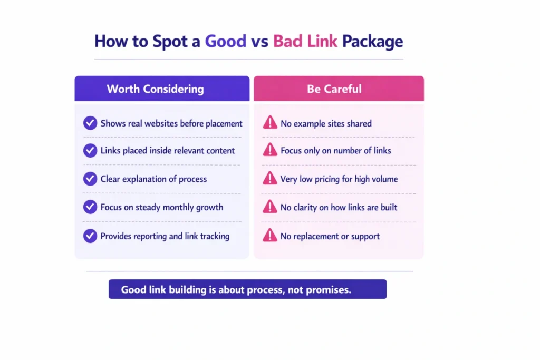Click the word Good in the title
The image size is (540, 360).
tap(225, 41)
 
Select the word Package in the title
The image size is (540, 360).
tap(372, 42)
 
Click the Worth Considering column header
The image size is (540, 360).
tap(155, 89)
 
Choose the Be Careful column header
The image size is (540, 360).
tap(334, 89)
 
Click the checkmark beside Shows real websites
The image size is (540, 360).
tap(90, 123)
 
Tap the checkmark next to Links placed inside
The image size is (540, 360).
tap(90, 150)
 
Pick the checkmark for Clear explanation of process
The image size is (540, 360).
tap(90, 179)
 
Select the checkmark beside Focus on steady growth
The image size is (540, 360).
tap(90, 207)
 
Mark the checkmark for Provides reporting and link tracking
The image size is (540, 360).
tap(90, 236)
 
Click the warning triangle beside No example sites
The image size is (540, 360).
tap(269, 123)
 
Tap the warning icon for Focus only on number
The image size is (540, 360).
tap(269, 150)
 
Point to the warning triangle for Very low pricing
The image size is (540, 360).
tap(269, 179)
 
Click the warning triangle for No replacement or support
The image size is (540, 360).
tap(269, 235)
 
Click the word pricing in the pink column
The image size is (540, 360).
tap(326, 179)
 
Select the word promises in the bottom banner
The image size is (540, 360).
tap(329, 290)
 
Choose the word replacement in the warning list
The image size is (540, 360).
tap(316, 236)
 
